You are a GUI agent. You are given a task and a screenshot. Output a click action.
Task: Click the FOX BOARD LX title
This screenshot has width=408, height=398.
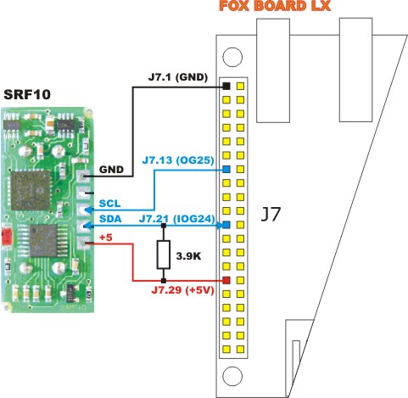[275, 6]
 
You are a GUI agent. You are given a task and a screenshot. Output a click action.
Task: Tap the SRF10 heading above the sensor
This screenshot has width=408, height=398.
[27, 94]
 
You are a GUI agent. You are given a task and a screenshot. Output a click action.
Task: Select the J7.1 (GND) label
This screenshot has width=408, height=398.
[178, 77]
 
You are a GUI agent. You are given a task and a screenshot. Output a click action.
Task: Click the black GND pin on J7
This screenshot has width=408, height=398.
[226, 86]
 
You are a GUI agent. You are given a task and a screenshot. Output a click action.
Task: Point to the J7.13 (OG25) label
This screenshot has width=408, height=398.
[178, 160]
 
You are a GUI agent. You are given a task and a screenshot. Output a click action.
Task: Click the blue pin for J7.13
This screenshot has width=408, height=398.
[226, 170]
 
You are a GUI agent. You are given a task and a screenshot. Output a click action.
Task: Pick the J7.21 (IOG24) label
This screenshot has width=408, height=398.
[177, 219]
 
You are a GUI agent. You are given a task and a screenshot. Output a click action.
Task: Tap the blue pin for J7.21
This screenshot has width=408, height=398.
[226, 225]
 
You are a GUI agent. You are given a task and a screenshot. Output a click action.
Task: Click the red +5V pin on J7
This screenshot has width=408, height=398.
[226, 281]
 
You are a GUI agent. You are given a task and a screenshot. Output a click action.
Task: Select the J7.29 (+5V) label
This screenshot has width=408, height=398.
[182, 290]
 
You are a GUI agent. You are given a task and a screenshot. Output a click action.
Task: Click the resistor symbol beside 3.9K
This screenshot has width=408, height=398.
[164, 255]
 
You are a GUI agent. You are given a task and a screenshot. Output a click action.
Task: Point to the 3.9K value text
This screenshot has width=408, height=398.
[188, 256]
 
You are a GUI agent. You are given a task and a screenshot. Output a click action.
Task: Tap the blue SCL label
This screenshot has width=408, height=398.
[109, 204]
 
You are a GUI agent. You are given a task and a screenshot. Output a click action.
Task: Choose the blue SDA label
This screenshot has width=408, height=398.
[110, 219]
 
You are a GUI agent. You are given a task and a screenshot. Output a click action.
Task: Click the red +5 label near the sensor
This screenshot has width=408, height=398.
[106, 238]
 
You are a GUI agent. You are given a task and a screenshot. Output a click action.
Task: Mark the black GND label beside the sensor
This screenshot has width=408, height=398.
[111, 170]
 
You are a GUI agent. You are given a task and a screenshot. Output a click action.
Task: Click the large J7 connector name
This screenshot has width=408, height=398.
[271, 214]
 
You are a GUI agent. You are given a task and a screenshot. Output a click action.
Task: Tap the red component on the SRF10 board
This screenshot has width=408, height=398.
[6, 236]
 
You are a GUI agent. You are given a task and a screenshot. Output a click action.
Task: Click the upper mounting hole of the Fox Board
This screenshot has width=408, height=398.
[232, 57]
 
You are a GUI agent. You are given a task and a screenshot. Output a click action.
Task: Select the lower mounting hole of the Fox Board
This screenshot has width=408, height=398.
[232, 376]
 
